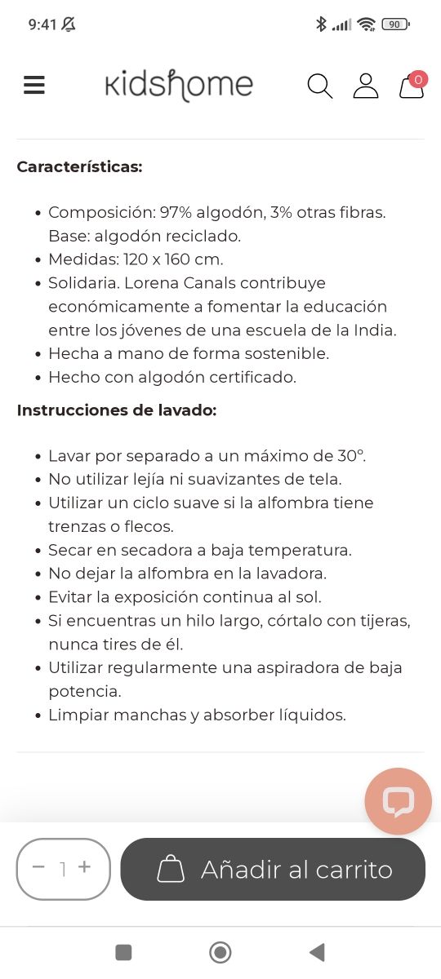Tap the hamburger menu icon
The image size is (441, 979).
(34, 85)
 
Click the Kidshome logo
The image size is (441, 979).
(179, 85)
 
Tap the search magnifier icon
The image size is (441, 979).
(319, 86)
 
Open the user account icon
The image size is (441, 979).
(366, 86)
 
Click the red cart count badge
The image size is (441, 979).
(418, 79)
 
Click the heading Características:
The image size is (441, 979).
(79, 166)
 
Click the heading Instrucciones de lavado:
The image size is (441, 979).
(116, 410)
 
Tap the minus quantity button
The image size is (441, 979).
(38, 868)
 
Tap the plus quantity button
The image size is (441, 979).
(84, 868)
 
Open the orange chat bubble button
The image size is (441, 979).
(398, 801)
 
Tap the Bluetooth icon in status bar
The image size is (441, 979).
(321, 24)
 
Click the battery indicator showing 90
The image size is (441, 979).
(395, 24)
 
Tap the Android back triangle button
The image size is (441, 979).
(317, 951)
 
